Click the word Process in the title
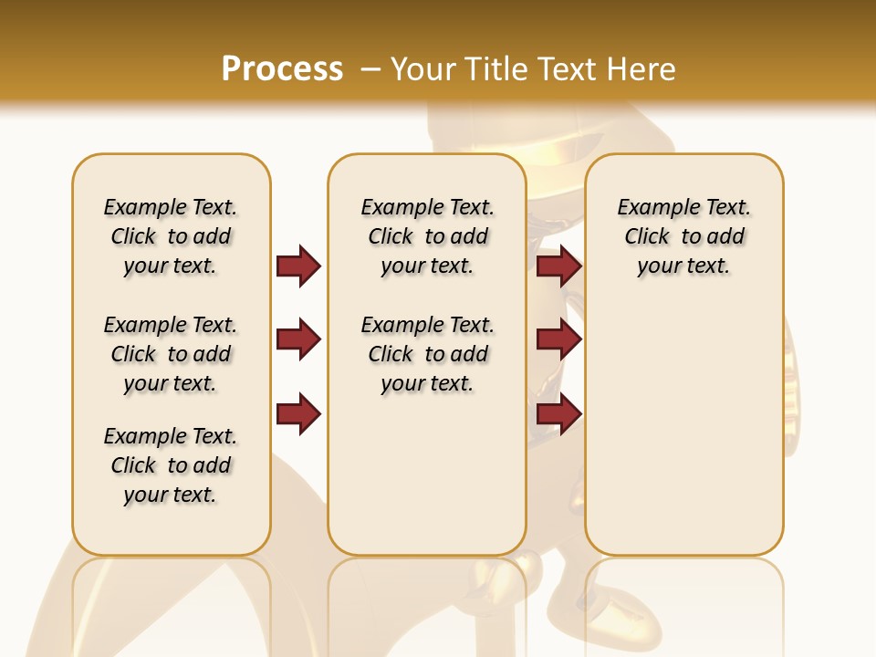click(282, 68)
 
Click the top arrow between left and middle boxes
click(298, 266)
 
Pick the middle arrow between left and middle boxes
click(298, 339)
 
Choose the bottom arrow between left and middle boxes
click(298, 413)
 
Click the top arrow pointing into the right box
click(558, 266)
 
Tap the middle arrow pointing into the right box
click(558, 339)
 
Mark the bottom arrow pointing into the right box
click(558, 413)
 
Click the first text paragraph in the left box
click(171, 236)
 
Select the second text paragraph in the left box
click(171, 354)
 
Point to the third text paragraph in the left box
click(171, 465)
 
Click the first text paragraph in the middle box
click(427, 236)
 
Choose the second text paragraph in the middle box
click(427, 354)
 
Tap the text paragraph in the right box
click(683, 236)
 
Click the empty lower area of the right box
click(683, 429)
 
